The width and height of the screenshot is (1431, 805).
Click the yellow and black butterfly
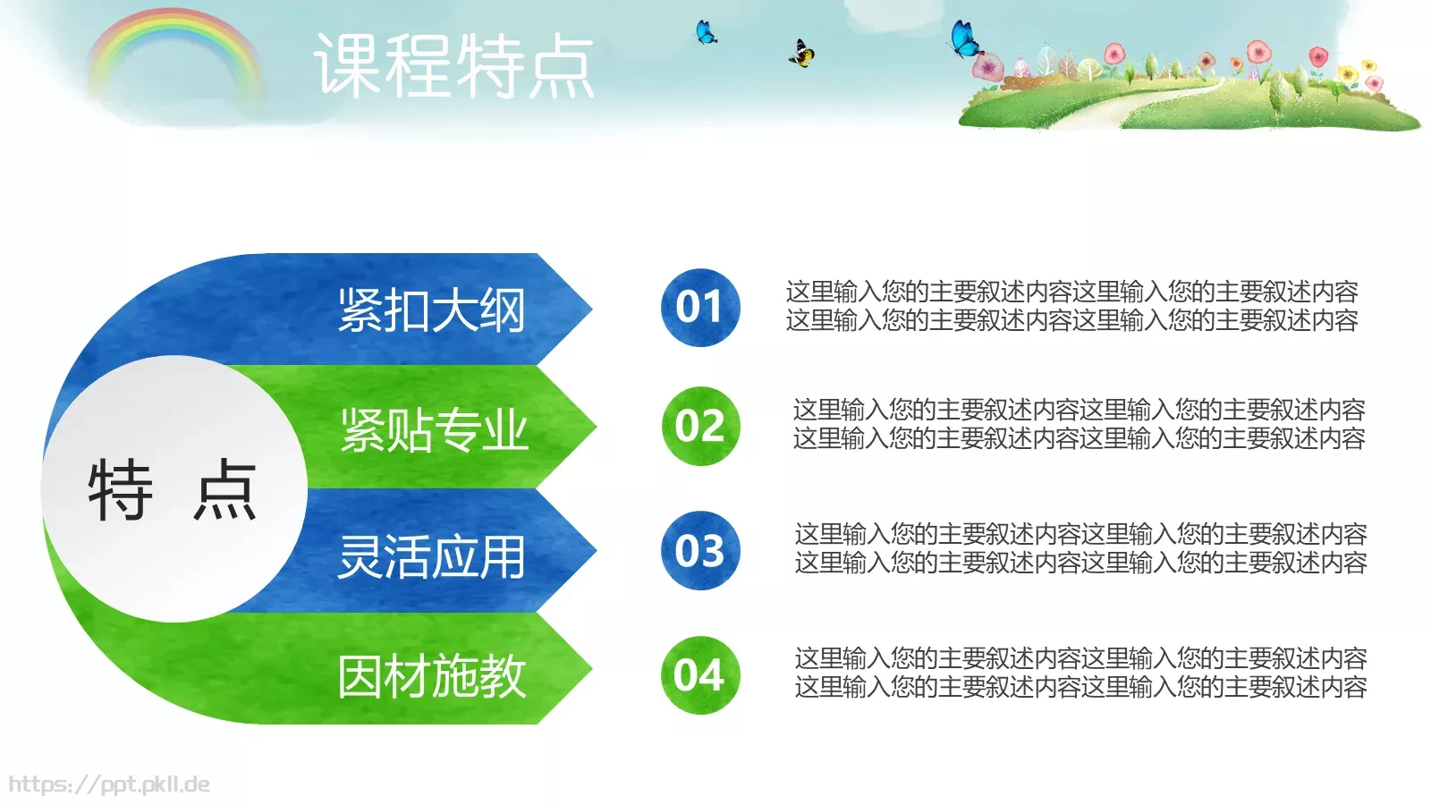click(801, 55)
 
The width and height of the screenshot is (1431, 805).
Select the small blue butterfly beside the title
click(706, 33)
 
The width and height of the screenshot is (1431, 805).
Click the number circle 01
click(700, 307)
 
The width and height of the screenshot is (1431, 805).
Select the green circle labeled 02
click(700, 426)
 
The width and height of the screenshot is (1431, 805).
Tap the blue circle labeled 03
click(700, 550)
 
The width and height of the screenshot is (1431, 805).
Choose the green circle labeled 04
click(700, 674)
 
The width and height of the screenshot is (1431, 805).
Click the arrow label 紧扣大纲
click(431, 310)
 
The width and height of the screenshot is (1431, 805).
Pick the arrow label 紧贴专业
click(434, 430)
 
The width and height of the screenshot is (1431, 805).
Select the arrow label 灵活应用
click(431, 556)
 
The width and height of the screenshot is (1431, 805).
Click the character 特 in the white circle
click(121, 489)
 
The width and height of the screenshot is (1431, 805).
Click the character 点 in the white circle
click(225, 489)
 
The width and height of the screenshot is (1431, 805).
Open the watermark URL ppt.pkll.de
click(109, 784)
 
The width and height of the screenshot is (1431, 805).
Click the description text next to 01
click(1071, 306)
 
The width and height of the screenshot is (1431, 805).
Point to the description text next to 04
click(1080, 673)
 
